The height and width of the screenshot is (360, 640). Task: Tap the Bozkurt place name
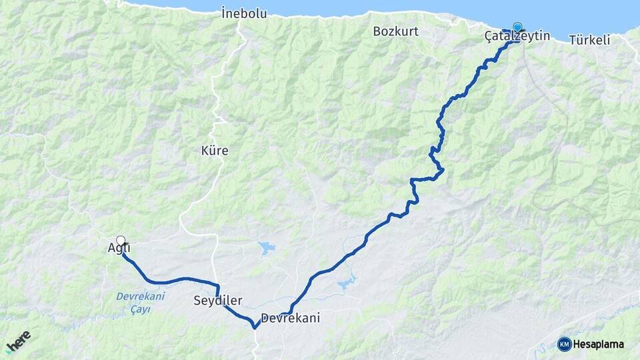(395, 31)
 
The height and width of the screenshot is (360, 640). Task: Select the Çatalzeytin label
(517, 36)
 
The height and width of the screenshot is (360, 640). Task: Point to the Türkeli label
(590, 40)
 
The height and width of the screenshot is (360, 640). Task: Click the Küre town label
(215, 151)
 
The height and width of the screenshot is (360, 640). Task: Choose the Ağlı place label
(119, 248)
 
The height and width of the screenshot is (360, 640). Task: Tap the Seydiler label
(218, 300)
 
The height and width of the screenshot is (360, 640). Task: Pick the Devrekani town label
(291, 318)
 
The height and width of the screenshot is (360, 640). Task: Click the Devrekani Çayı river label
(140, 303)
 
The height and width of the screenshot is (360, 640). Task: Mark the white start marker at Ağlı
(121, 240)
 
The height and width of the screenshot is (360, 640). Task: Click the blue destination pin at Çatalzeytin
(517, 27)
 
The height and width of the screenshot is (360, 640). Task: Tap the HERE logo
(19, 341)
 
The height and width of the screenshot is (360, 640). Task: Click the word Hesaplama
(599, 344)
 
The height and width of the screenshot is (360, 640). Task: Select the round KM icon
(565, 344)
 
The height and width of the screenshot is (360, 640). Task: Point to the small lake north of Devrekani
(267, 249)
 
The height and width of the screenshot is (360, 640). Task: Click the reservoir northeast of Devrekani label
(347, 284)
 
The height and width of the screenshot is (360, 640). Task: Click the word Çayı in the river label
(141, 309)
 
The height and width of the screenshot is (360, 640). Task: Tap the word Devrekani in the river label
(140, 296)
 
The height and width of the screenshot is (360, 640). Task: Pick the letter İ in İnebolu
(225, 12)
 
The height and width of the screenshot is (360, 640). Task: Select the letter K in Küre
(205, 151)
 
